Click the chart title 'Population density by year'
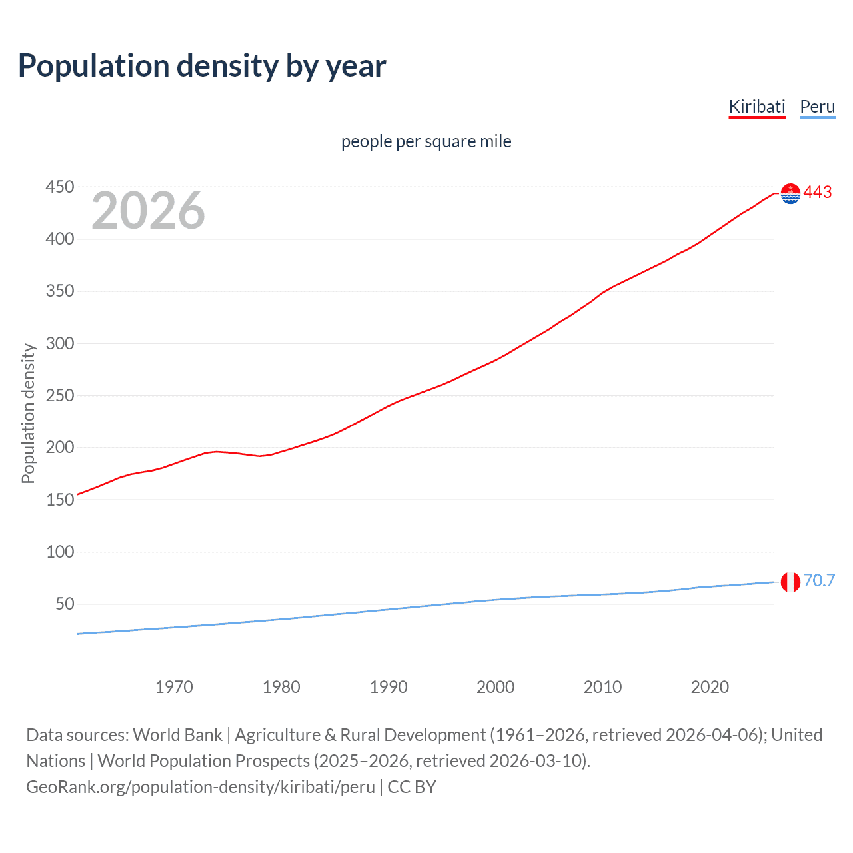tap(202, 66)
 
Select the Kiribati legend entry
tap(757, 107)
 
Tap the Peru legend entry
tap(817, 107)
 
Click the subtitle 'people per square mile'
tap(426, 141)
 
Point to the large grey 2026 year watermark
tap(148, 211)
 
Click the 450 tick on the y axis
tap(59, 187)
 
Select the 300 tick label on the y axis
tap(59, 343)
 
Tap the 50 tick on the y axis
tap(65, 604)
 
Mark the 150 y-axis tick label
tap(59, 500)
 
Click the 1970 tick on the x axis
tap(174, 687)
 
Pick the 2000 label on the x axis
tap(495, 687)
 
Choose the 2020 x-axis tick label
tap(710, 687)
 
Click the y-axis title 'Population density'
tap(28, 413)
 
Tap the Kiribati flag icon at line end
tap(790, 193)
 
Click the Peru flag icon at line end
tap(790, 582)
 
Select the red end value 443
tap(818, 193)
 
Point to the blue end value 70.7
tap(819, 581)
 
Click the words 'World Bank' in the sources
tap(177, 735)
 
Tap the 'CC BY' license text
tap(412, 787)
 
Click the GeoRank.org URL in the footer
tap(201, 787)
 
